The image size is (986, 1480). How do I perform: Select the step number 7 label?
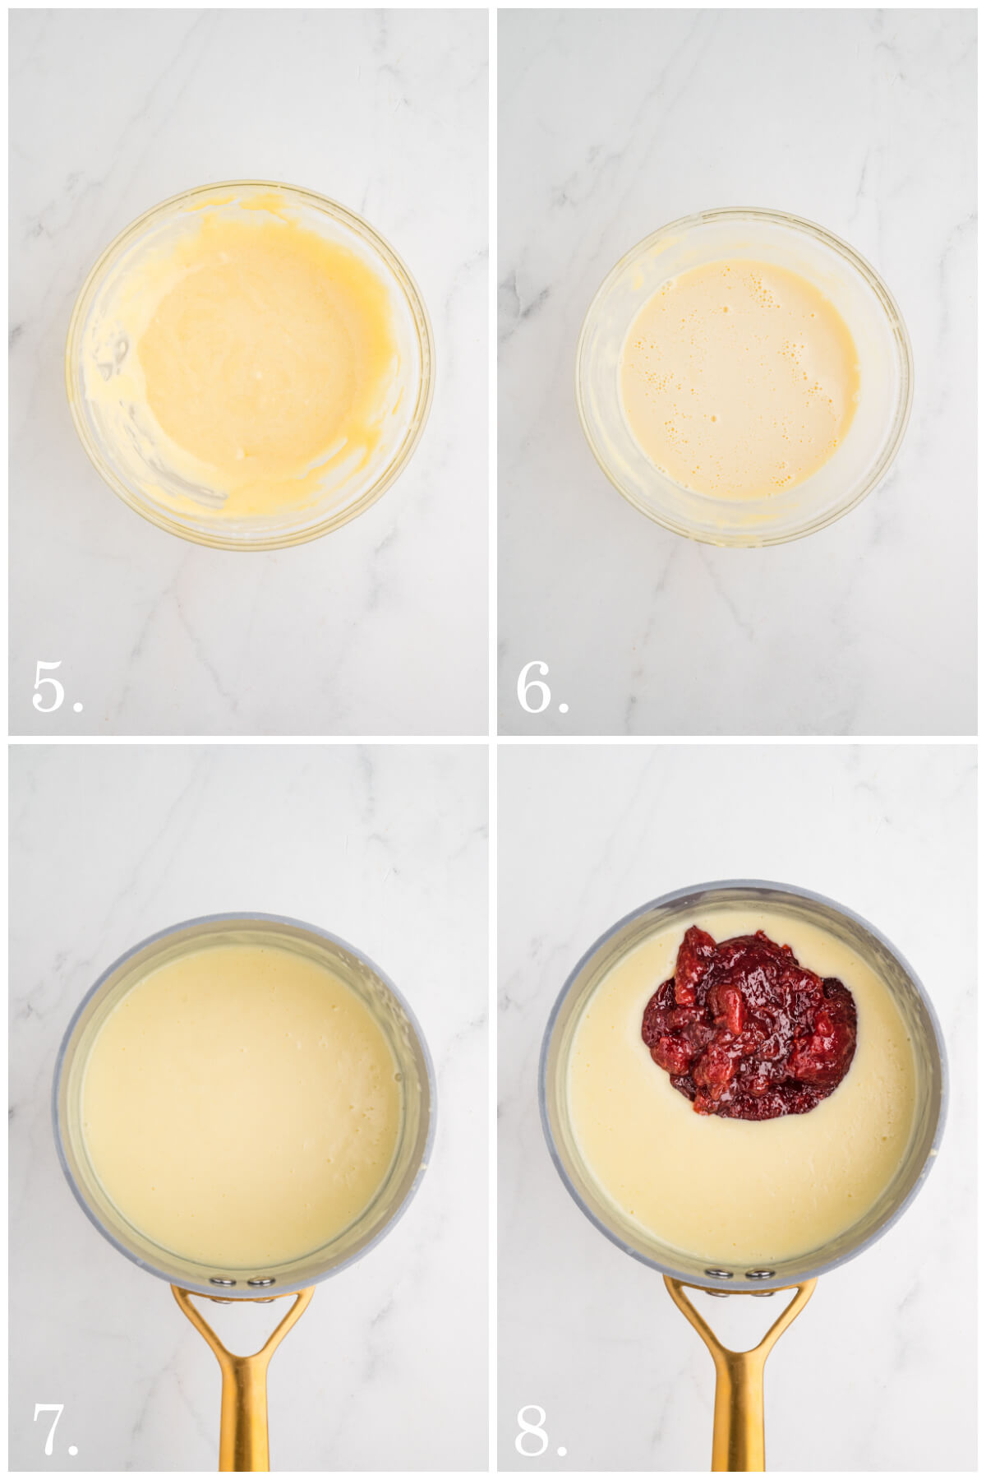[x=54, y=1429]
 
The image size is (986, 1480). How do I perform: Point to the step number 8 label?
[x=540, y=1429]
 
